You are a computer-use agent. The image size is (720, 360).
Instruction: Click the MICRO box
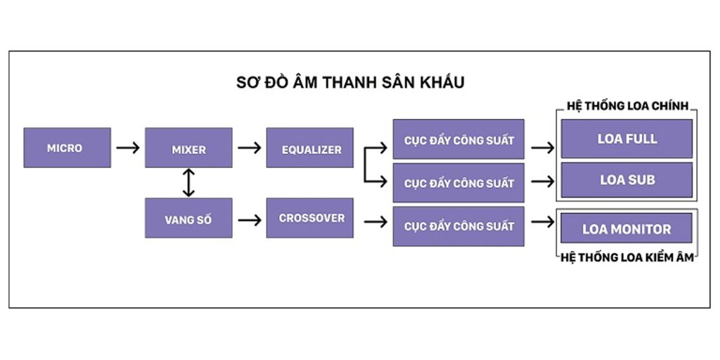(x=67, y=148)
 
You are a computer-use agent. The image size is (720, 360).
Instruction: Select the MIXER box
(x=188, y=148)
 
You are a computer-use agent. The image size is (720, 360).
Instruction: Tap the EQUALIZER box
(x=310, y=148)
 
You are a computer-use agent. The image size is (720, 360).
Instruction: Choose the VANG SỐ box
(x=188, y=218)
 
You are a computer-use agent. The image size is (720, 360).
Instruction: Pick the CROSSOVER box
(x=310, y=218)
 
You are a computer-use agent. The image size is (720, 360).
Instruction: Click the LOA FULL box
(x=626, y=139)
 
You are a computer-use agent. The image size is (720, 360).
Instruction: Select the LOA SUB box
(x=626, y=179)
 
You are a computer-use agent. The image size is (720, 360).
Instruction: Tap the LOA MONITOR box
(x=626, y=228)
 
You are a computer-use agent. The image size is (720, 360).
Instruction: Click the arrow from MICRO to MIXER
(x=128, y=148)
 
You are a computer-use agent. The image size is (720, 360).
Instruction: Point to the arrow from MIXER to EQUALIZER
(x=250, y=148)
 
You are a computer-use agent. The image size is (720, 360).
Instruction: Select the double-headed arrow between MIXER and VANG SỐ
(x=188, y=183)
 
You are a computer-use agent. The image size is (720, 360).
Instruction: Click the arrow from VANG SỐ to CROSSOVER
(x=250, y=220)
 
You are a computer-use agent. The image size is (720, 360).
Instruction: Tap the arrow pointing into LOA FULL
(x=543, y=148)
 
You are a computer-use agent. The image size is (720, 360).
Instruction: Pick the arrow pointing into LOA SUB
(x=543, y=182)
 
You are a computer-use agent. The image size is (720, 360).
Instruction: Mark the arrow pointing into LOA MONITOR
(x=543, y=222)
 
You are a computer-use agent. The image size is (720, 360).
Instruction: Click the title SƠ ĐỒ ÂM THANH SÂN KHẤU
(x=350, y=83)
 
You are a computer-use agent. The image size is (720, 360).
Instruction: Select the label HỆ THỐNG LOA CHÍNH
(x=626, y=106)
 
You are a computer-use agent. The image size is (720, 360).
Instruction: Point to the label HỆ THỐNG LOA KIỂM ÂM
(x=626, y=258)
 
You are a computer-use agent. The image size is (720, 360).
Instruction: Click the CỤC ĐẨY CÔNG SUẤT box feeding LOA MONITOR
(x=458, y=226)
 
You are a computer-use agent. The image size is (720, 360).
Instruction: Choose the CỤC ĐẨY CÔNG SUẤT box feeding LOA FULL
(x=458, y=139)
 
